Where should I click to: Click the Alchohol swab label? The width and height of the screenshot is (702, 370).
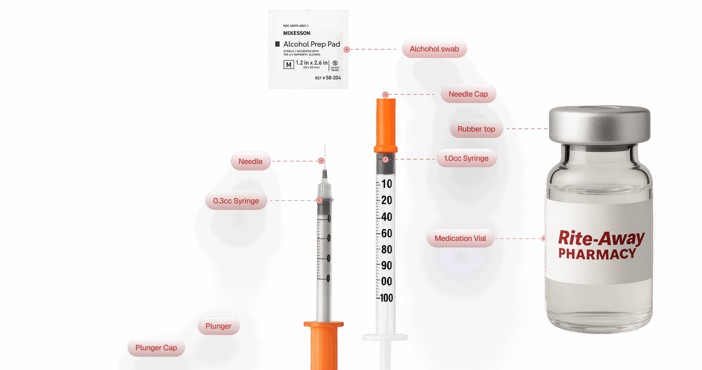434,49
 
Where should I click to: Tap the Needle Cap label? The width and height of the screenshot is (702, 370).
468,94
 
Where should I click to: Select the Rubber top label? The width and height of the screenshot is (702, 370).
476,129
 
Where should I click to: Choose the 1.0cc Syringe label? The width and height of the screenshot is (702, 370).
466,158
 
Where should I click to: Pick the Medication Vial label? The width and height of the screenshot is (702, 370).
460,238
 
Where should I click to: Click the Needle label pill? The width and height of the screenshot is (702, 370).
250,161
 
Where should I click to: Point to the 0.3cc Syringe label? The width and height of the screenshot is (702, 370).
236,201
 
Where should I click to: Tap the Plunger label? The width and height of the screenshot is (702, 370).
218,326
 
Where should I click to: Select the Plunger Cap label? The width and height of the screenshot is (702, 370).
156,348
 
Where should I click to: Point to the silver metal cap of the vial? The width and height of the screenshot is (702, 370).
599,125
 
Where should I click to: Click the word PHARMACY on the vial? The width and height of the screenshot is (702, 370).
597,254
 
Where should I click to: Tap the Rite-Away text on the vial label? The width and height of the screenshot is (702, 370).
601,238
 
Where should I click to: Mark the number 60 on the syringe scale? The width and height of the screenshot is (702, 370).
387,233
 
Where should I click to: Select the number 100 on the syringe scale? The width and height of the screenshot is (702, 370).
386,298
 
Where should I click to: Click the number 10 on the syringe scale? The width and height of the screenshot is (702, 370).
387,184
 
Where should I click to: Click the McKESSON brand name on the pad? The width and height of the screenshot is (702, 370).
296,33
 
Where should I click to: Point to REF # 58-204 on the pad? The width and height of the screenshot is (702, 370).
328,78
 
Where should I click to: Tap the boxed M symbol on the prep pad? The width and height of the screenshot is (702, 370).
288,65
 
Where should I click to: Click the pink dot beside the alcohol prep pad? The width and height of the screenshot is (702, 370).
347,49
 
